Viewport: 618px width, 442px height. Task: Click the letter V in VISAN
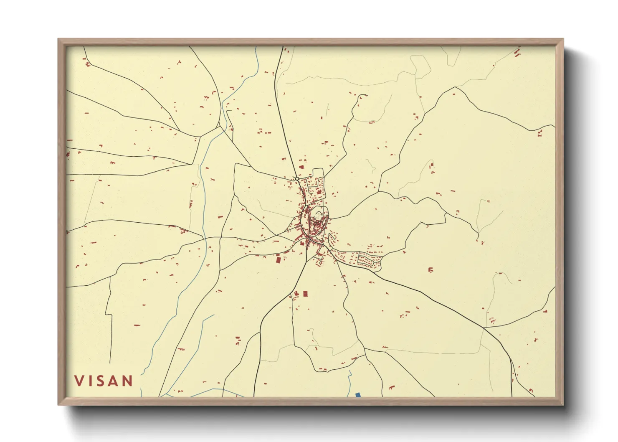coord(79,381)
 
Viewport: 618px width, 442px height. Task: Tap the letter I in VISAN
coord(91,381)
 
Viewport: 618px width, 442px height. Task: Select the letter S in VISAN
coord(103,381)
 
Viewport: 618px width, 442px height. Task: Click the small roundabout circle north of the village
coord(296,179)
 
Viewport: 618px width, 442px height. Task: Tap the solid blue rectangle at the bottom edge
coord(358,395)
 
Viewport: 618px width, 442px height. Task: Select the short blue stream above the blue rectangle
coord(350,378)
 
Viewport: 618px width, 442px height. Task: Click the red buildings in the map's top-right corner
coord(517,53)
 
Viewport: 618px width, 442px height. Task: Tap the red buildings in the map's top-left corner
coord(87,64)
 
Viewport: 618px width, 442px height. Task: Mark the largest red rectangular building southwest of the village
coord(279,259)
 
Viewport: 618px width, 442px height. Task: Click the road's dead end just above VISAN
coord(110,363)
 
